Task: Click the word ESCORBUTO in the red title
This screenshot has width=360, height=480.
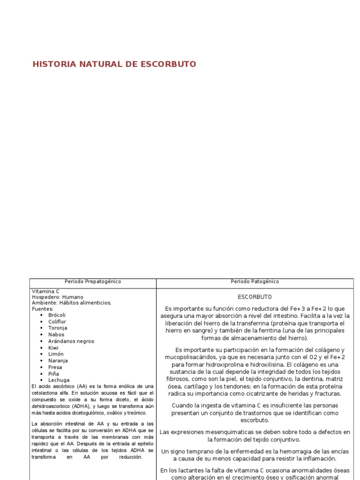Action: [x=167, y=64]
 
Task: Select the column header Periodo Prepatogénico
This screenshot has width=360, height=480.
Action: [x=93, y=282]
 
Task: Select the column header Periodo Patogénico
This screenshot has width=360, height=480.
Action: [x=255, y=282]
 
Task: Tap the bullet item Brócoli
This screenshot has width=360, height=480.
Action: [x=57, y=315]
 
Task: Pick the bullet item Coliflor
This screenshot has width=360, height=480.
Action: [x=57, y=322]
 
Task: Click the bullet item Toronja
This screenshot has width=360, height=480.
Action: [x=58, y=328]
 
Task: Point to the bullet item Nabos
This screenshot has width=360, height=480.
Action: [x=56, y=335]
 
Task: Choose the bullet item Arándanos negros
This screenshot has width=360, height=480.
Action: [x=71, y=341]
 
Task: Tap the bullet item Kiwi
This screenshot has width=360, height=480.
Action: [x=53, y=348]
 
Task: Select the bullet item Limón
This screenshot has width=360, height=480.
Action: [x=56, y=354]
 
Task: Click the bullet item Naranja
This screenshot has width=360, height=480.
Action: [x=58, y=361]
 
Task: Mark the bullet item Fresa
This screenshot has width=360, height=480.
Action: [x=55, y=367]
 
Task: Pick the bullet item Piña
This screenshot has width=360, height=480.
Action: [x=54, y=374]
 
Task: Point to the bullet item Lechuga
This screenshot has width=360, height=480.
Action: [x=59, y=380]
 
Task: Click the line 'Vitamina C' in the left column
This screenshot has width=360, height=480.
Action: [x=45, y=291]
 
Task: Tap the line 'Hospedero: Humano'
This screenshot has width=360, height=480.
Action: [x=58, y=297]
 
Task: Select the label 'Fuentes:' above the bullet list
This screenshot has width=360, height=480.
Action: [x=43, y=309]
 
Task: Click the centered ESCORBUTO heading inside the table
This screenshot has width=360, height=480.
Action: [x=255, y=297]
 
